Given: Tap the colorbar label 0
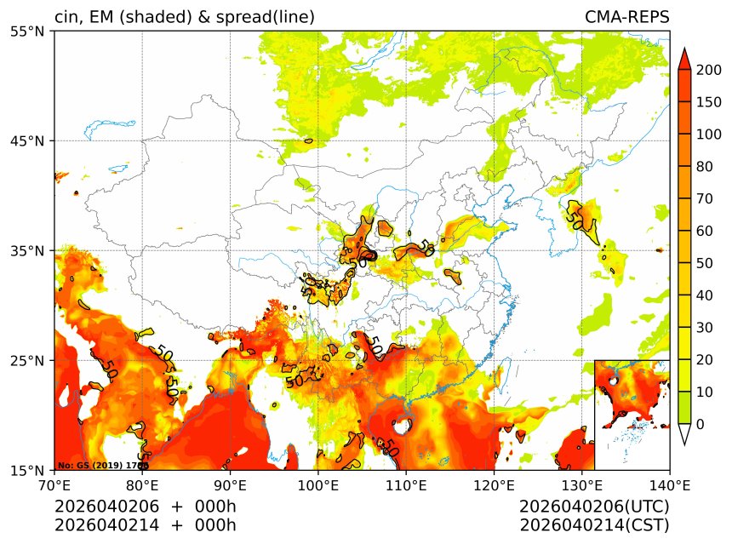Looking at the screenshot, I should click(x=700, y=424).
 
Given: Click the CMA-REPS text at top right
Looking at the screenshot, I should click(x=626, y=18).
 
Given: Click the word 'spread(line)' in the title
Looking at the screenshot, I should click(x=267, y=18).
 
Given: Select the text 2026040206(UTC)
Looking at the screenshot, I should click(x=594, y=507).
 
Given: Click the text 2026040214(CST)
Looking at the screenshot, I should click(x=594, y=524).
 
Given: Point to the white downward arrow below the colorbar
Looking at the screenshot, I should click(x=683, y=434).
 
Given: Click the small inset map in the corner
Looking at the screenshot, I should click(x=632, y=415).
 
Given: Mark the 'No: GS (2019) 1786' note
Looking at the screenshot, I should click(x=103, y=466).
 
